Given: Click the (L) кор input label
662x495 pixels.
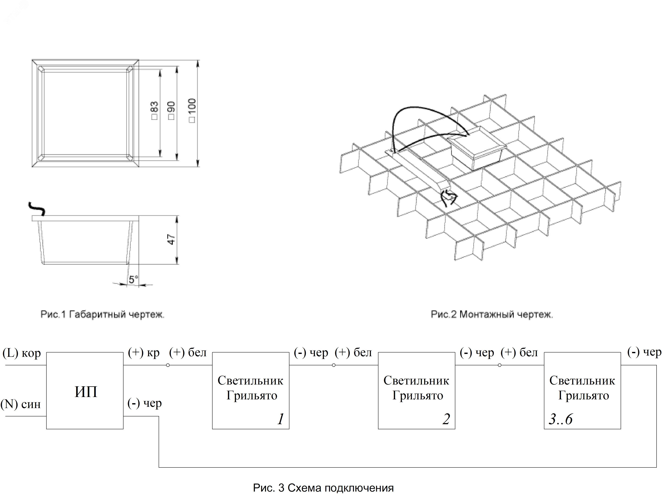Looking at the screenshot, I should [22, 353].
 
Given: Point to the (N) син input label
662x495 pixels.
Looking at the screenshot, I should [20, 404].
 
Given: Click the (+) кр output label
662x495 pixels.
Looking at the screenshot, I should [144, 353].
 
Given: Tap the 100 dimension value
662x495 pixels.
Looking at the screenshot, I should [192, 109].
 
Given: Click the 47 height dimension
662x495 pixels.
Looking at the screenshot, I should [172, 239].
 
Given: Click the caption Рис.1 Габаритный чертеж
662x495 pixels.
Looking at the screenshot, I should [102, 314].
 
